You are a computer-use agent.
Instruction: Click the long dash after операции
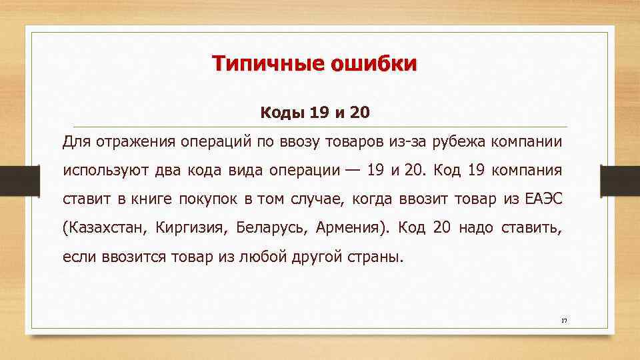click(353, 170)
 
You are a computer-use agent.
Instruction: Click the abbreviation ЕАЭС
click(543, 199)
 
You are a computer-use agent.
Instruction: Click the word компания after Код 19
click(527, 170)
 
